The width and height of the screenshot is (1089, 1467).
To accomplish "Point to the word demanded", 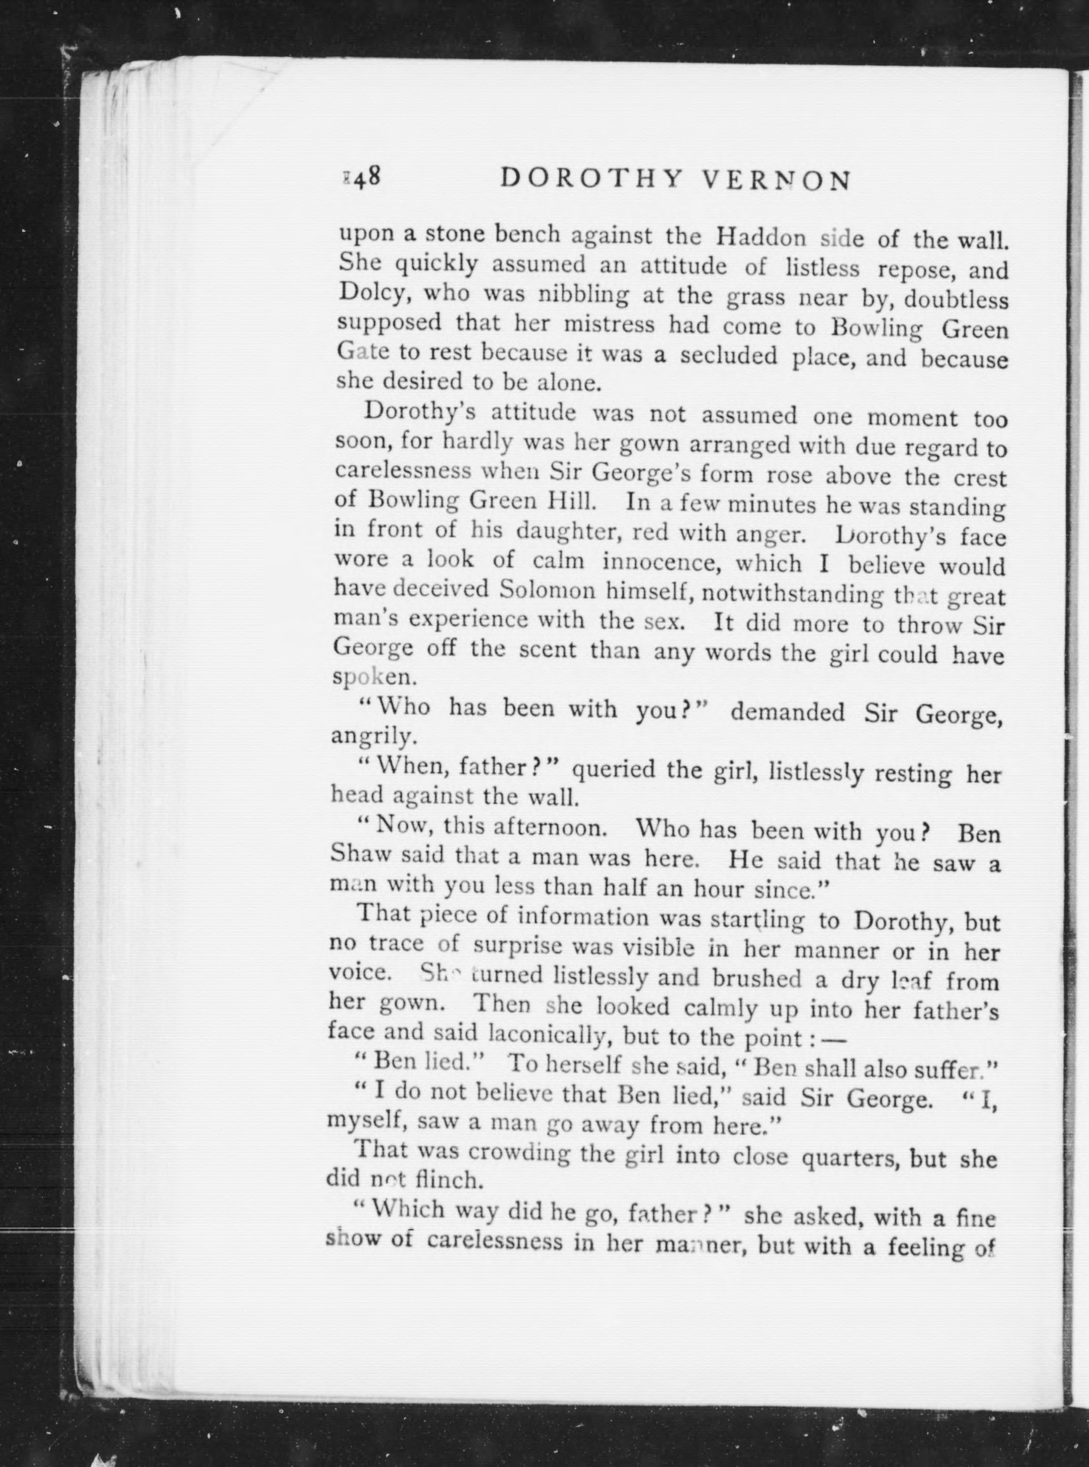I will pos(788,712).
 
